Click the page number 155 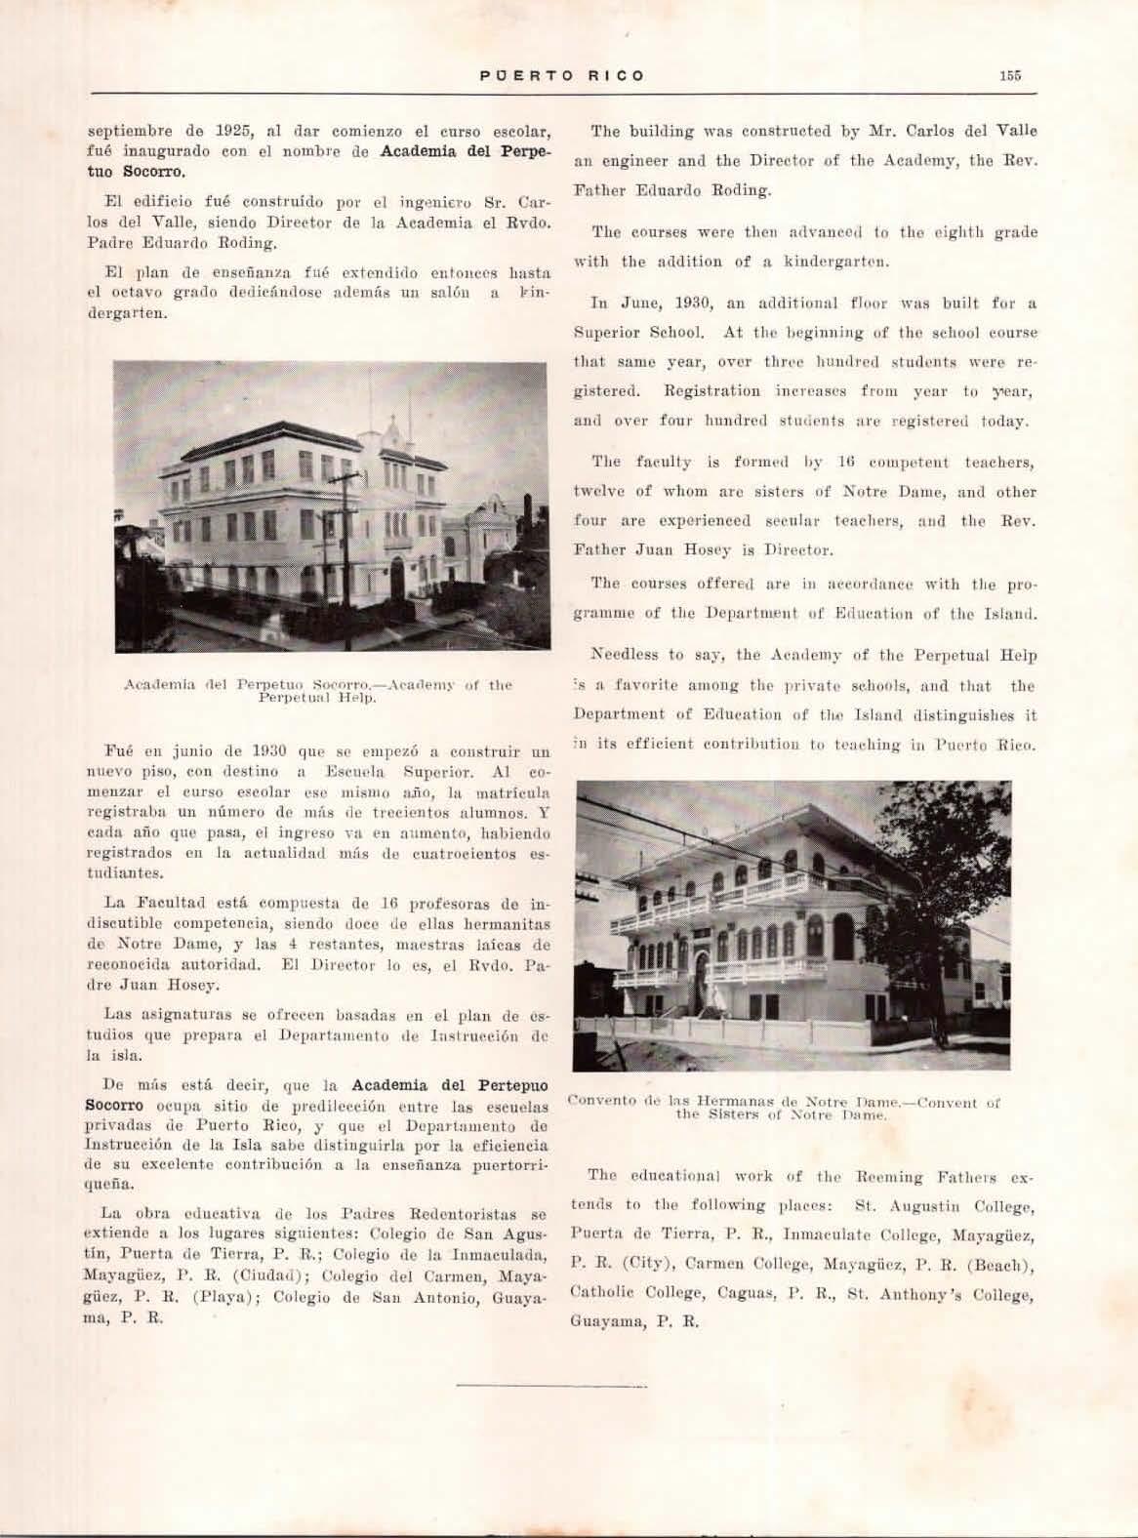click(x=1009, y=75)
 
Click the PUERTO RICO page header click(x=562, y=75)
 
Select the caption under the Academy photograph click(x=317, y=691)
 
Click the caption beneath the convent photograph click(x=784, y=1108)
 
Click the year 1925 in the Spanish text click(x=234, y=131)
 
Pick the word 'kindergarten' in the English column click(x=842, y=262)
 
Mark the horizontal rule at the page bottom click(x=524, y=1384)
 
